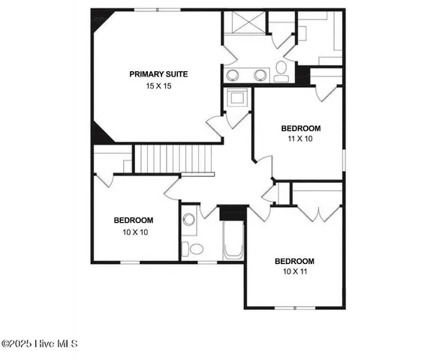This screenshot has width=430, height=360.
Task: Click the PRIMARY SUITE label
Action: point(158,74)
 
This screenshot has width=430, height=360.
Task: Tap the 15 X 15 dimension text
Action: point(158,86)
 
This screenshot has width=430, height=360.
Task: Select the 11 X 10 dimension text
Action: point(300,139)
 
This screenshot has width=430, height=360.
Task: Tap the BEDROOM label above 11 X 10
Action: point(300,128)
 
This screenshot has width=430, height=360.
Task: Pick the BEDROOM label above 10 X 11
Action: point(294,261)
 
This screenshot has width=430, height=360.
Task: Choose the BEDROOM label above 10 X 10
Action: point(134,220)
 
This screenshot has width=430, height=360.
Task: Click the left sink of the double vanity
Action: point(233,75)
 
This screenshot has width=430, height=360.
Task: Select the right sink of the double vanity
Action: point(260,75)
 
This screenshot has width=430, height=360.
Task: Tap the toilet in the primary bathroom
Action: point(281,70)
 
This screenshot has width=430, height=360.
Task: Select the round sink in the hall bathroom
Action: point(189,220)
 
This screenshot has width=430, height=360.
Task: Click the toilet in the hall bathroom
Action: point(194,248)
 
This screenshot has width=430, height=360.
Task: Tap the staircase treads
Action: point(173,158)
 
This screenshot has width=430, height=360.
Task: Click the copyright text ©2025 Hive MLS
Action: point(40,344)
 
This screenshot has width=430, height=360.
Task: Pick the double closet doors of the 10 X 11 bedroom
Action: point(318,213)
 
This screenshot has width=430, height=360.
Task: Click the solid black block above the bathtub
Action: point(233,211)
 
